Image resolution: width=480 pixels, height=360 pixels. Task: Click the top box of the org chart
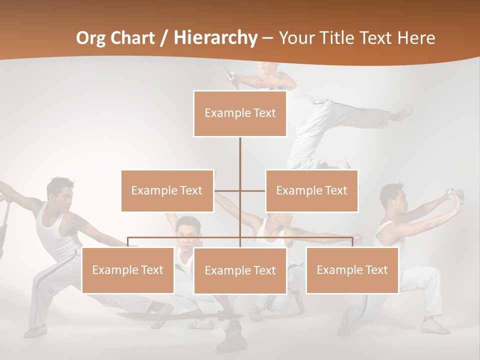240,113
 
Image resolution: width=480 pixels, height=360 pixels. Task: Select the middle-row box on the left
167,190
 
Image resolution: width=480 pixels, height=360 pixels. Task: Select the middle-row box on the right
311,190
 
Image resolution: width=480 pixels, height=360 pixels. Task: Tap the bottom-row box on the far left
127,270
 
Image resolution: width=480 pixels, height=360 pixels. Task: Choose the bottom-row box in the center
240,270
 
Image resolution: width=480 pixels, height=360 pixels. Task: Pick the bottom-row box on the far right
352,270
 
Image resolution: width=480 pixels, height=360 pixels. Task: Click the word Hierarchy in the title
215,37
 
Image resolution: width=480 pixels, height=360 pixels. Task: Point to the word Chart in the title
135,37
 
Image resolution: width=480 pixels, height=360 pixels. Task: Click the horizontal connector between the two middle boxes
240,190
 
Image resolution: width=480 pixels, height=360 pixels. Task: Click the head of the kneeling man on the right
392,196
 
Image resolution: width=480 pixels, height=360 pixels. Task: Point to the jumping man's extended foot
403,113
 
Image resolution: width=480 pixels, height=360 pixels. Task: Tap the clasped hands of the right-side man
456,194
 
